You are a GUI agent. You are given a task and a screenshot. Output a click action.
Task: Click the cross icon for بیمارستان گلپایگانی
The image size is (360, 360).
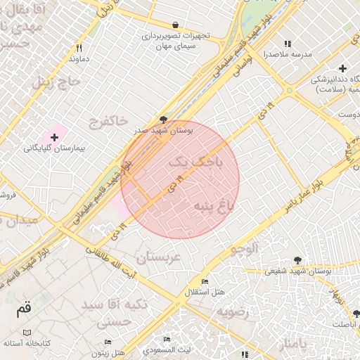pyautogui.click(x=54, y=136)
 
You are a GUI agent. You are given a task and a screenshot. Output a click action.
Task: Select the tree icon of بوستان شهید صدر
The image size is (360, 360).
pyautogui.click(x=164, y=120)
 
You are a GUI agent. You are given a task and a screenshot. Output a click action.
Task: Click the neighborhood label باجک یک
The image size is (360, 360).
pyautogui.click(x=197, y=163)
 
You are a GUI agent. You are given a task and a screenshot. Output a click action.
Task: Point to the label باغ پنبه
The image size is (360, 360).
pyautogui.click(x=209, y=205)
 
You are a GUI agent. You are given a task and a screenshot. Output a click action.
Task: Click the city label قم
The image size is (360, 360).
pyautogui.click(x=24, y=308)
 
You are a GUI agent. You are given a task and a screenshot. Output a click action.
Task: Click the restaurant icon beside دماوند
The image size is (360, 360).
pyautogui.click(x=79, y=49)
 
